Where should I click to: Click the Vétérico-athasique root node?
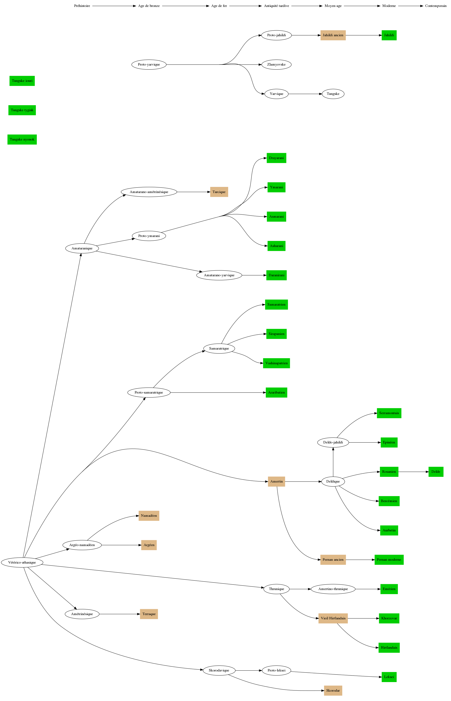point(22,562)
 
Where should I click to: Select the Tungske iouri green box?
point(22,81)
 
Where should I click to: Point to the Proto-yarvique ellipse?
point(149,64)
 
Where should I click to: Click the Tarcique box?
point(219,192)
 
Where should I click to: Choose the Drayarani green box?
point(276,158)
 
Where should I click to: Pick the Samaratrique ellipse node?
point(219,348)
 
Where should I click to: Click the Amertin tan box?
point(276,482)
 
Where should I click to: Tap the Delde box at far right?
point(436,472)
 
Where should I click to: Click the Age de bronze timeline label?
point(149,6)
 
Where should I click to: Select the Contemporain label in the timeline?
point(436,6)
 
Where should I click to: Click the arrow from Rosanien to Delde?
point(413,472)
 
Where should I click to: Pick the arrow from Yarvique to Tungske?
point(305,94)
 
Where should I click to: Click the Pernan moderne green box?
point(389,560)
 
